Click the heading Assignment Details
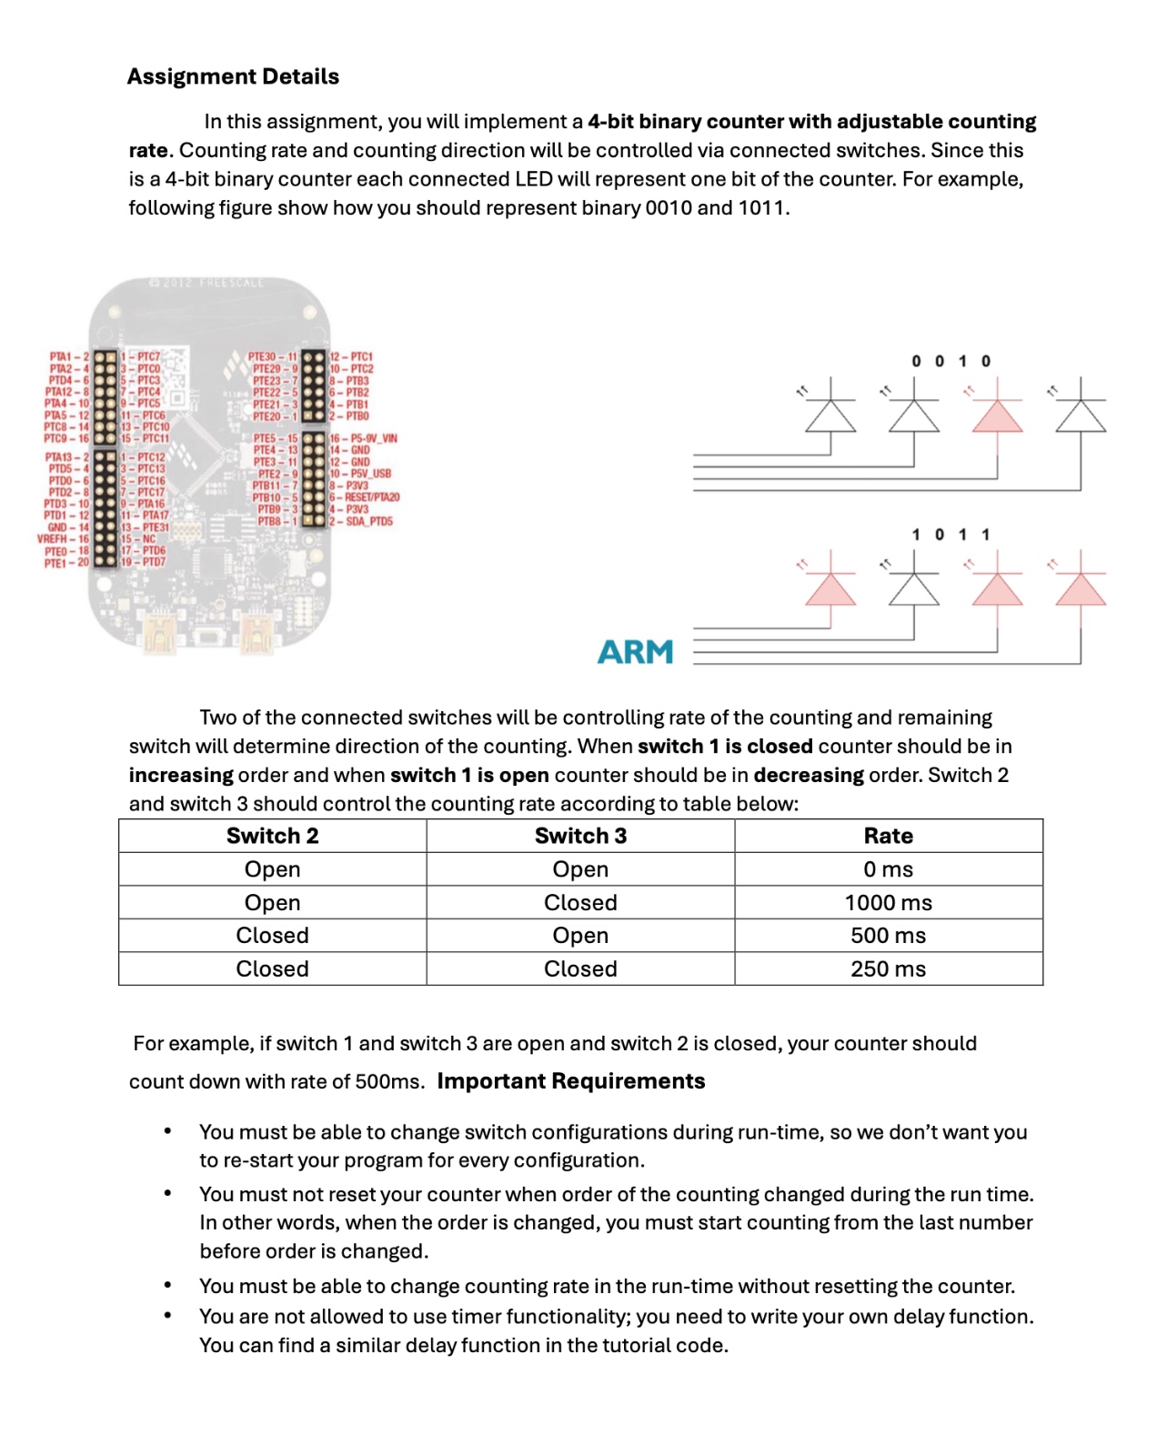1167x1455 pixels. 233,76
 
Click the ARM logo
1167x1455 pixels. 635,651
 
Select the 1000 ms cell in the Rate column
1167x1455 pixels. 888,902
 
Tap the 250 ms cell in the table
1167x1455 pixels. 888,968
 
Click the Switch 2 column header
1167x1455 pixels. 272,836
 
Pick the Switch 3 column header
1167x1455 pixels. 580,836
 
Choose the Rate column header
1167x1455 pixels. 888,836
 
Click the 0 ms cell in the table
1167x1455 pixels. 888,869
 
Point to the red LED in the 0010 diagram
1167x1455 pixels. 998,416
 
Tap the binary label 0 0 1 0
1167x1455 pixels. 951,361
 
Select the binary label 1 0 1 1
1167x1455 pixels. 951,535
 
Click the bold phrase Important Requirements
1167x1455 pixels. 570,1080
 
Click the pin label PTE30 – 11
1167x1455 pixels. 273,357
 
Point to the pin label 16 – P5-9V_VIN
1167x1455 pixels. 363,438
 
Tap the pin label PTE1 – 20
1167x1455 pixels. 66,563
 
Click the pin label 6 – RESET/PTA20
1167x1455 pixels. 364,497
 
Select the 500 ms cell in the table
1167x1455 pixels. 888,935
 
